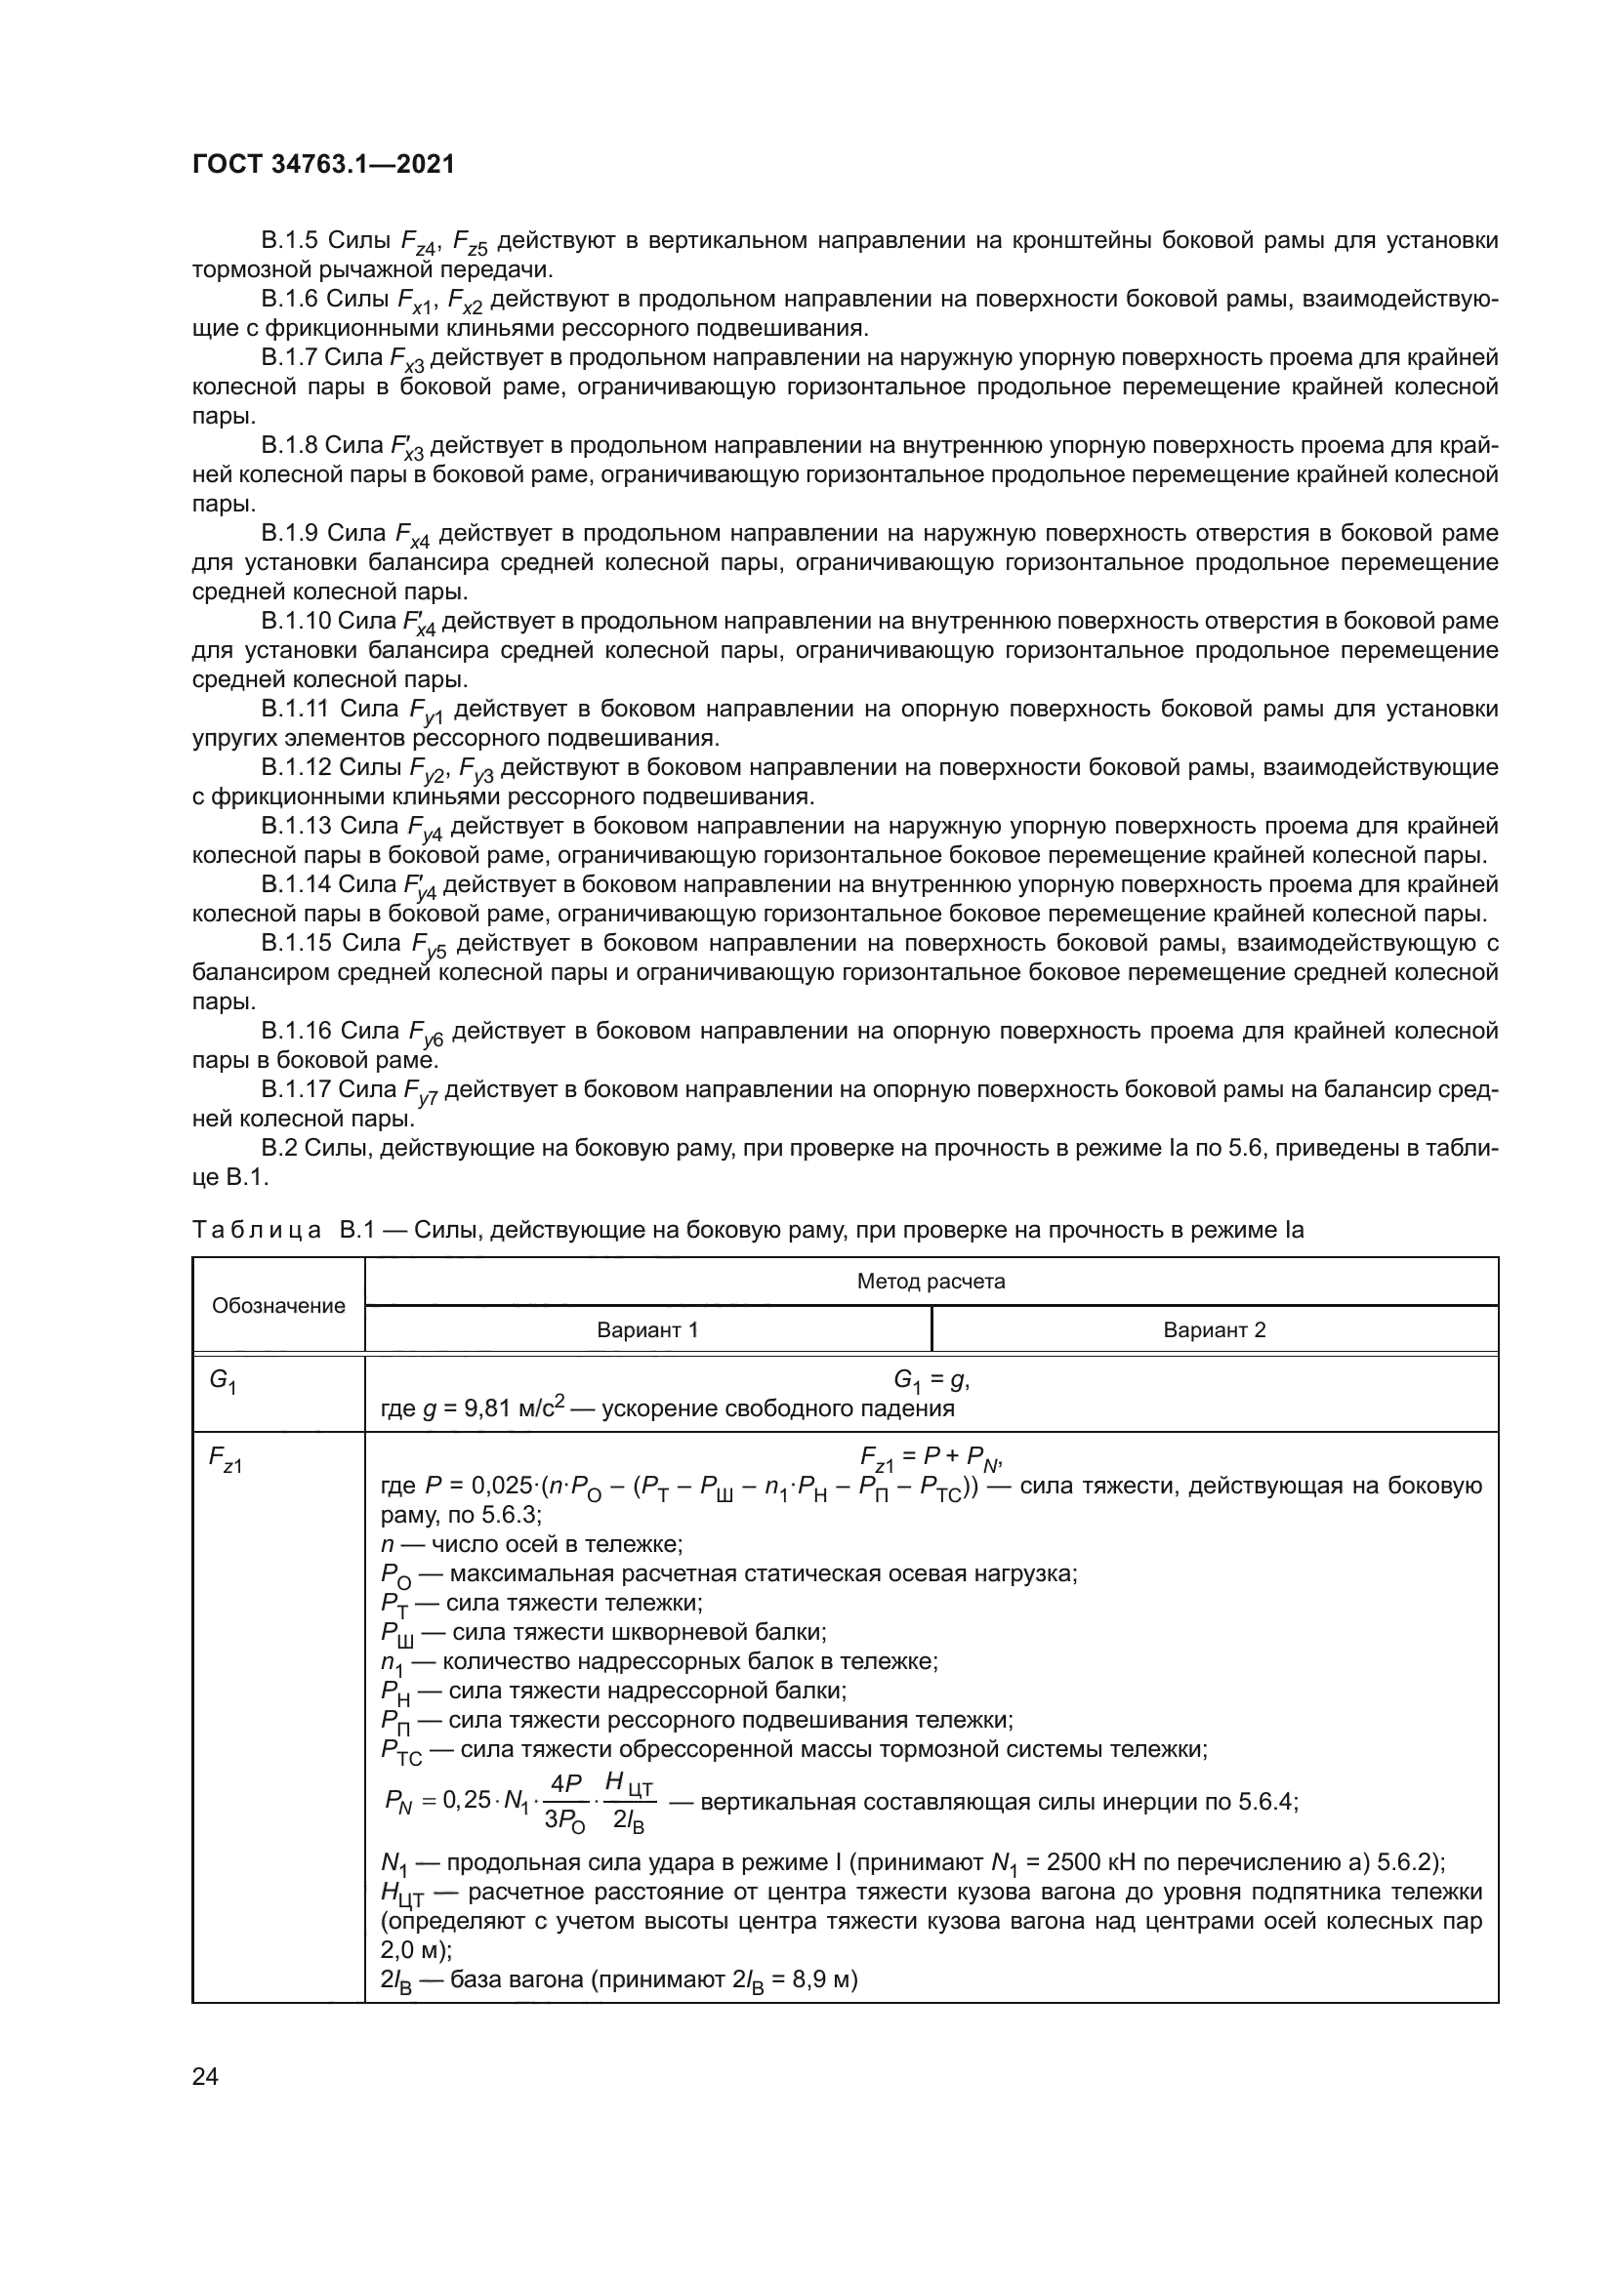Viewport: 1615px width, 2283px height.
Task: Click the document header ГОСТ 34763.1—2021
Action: [x=323, y=164]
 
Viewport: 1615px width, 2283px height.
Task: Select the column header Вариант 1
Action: [x=647, y=1329]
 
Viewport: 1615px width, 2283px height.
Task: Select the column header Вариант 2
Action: [x=1215, y=1329]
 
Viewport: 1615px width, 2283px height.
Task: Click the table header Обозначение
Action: [x=278, y=1306]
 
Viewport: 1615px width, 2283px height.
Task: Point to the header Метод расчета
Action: [x=931, y=1281]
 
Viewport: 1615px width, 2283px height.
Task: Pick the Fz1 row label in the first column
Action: [x=225, y=1459]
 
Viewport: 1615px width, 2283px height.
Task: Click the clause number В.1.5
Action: [x=288, y=241]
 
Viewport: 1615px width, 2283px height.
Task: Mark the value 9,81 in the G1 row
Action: [x=488, y=1409]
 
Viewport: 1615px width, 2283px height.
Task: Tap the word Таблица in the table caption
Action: [x=257, y=1230]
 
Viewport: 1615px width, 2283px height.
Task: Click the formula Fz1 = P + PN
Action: [x=930, y=1458]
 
